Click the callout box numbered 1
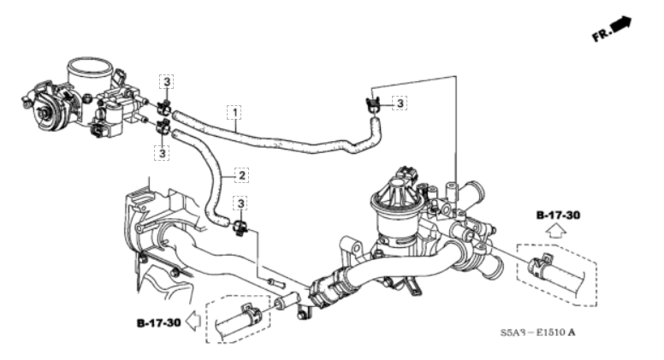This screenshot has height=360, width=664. [x=232, y=111]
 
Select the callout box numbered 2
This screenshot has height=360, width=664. [x=242, y=175]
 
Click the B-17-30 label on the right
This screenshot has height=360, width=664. [x=559, y=215]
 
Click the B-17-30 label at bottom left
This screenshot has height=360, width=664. [x=158, y=323]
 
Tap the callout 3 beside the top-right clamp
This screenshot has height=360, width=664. [x=400, y=103]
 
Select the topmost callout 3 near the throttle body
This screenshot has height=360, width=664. [x=167, y=82]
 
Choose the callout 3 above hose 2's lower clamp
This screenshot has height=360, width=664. [x=242, y=204]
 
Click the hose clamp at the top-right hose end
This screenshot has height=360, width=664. [x=372, y=107]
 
